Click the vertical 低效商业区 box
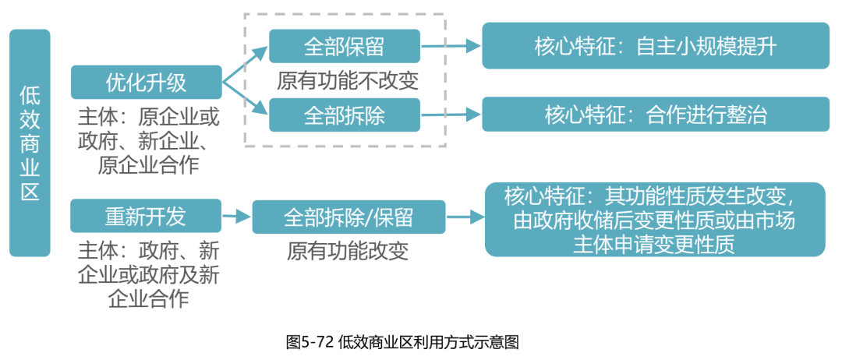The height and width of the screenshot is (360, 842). point(30,143)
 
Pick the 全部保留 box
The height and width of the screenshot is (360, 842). point(344,46)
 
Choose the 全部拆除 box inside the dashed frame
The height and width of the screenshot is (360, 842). point(344,115)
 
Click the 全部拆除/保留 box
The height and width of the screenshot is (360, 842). point(348,217)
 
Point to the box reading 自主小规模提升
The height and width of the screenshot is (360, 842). point(655,45)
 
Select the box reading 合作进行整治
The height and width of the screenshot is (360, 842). point(655,114)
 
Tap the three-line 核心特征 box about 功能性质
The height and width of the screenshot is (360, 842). point(655,219)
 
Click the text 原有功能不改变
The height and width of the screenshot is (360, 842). point(348,79)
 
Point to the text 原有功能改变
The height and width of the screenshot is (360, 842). point(348,251)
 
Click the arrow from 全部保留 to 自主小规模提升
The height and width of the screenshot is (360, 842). point(451,46)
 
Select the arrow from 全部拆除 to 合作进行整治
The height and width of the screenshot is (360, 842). point(451,115)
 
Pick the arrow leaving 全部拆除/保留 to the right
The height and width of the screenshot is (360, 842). point(465,217)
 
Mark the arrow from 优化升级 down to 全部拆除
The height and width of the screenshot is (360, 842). point(246,100)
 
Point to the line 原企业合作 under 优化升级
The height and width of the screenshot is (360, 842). point(148,164)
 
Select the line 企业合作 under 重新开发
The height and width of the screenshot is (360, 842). point(148,298)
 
